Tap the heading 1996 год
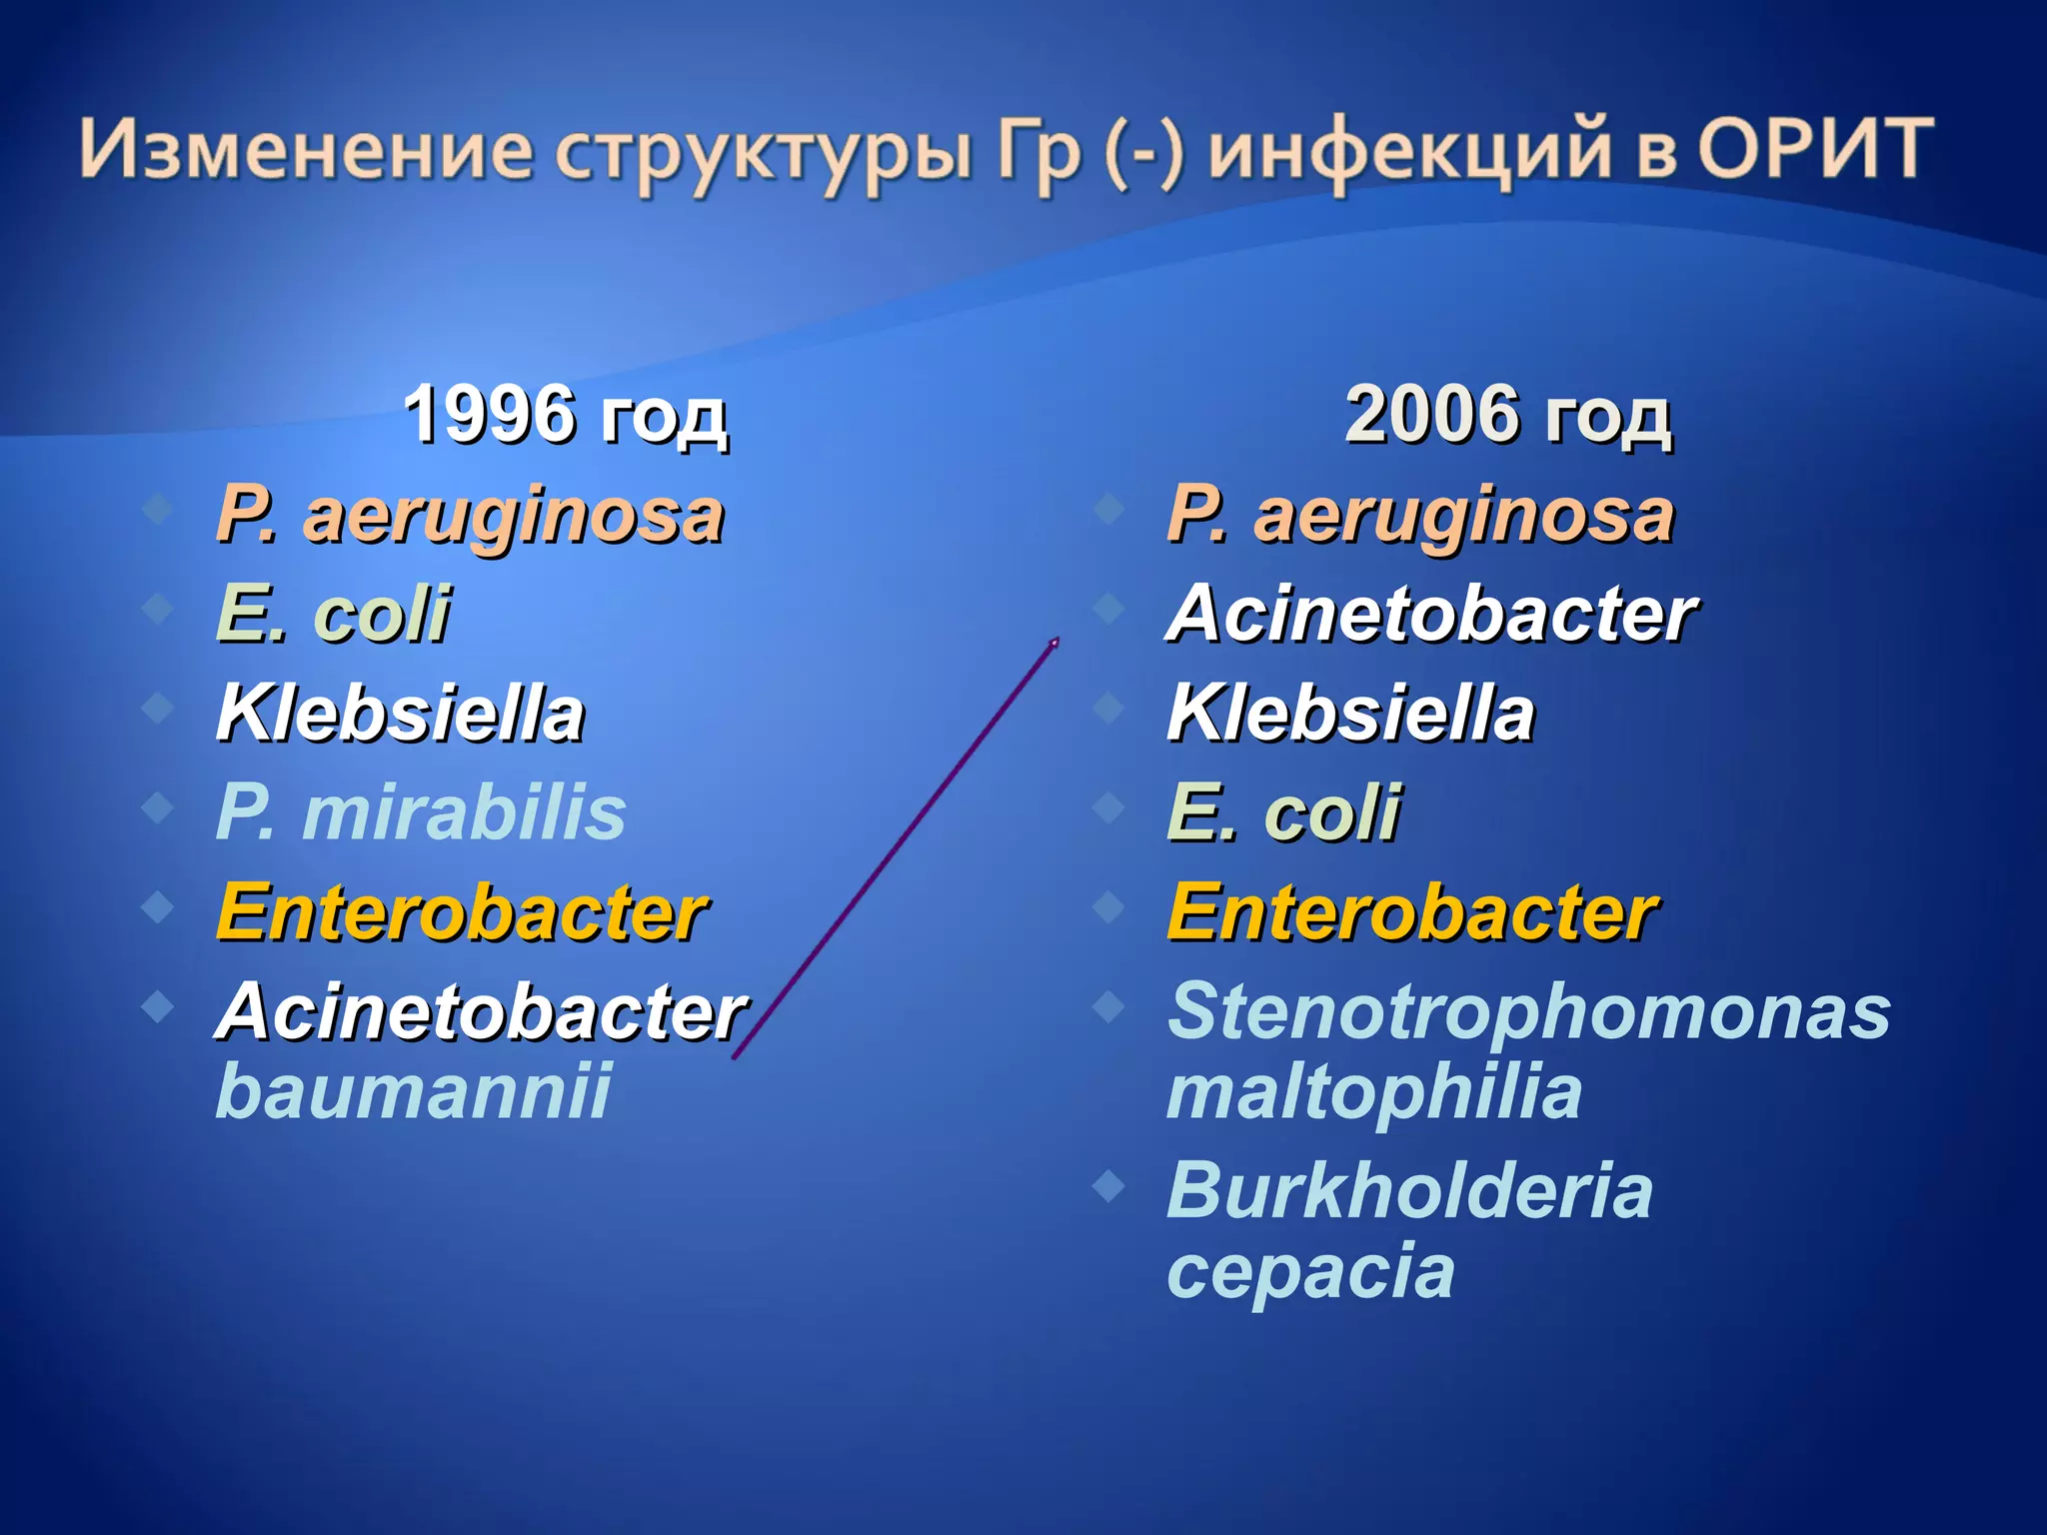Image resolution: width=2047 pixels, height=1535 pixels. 565,415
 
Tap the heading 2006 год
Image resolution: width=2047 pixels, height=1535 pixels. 1507,415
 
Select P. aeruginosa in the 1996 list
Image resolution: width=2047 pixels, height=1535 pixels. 470,516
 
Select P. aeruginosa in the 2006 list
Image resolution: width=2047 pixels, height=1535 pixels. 1420,516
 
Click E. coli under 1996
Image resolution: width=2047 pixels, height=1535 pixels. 333,614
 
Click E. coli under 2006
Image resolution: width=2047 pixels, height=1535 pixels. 1283,812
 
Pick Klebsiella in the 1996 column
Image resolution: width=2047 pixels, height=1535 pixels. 400,714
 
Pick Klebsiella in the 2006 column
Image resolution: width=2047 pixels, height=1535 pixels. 1350,714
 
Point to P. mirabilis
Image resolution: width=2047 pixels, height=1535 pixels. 421,812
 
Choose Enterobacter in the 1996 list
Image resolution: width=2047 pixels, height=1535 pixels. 462,912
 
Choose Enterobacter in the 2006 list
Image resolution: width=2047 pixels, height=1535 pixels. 1412,912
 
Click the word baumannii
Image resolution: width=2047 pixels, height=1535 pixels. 413,1091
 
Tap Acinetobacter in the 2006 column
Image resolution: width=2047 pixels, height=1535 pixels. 1431,614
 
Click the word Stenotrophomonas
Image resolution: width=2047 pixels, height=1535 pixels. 1528,1011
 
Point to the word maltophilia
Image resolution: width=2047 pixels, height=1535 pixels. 1374,1091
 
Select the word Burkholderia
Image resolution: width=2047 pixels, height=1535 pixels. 1409,1191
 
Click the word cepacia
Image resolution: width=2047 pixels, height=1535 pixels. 1310,1271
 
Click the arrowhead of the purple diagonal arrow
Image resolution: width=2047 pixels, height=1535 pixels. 1053,644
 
